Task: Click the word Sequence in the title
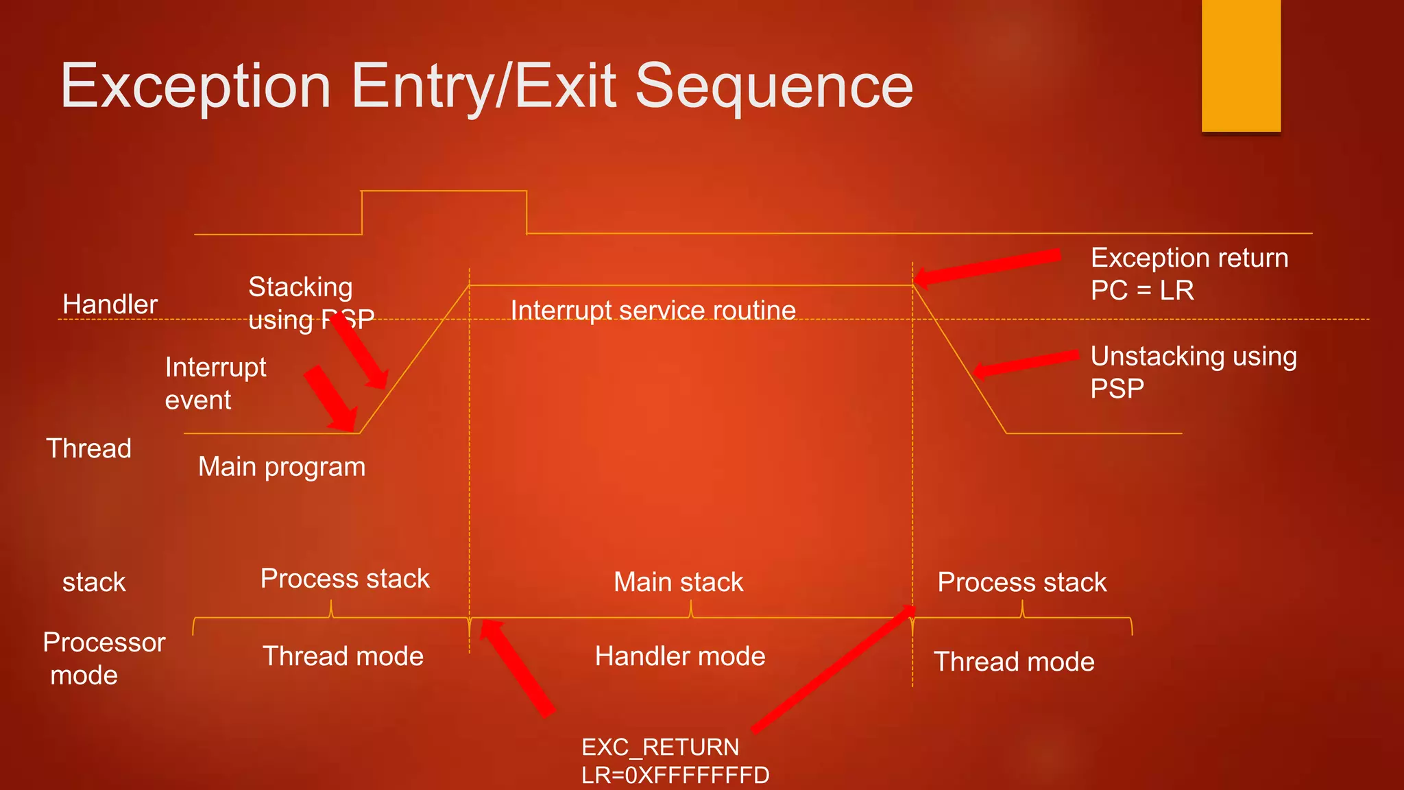(x=774, y=86)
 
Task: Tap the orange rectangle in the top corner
(x=1241, y=66)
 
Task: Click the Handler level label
(x=110, y=304)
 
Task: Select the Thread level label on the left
(x=88, y=448)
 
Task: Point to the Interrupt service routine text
(x=653, y=311)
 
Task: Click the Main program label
(x=282, y=467)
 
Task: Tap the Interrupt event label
(x=215, y=383)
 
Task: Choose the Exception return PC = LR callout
(x=1189, y=274)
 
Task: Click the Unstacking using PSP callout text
(x=1193, y=372)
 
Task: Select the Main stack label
(x=678, y=582)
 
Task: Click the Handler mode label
(x=679, y=656)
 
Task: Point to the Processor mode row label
(x=104, y=658)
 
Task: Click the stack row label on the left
(x=94, y=582)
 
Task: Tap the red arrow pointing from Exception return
(x=987, y=267)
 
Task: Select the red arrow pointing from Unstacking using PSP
(x=1025, y=363)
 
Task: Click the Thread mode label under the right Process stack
(x=1014, y=662)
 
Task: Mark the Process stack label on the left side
(x=344, y=579)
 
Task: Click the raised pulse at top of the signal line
(x=444, y=192)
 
